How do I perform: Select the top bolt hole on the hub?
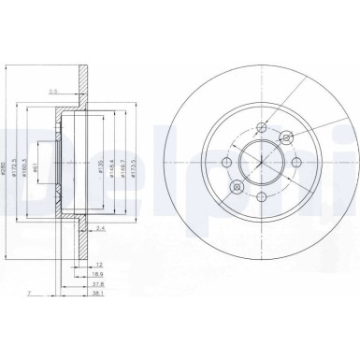pyautogui.click(x=261, y=128)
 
